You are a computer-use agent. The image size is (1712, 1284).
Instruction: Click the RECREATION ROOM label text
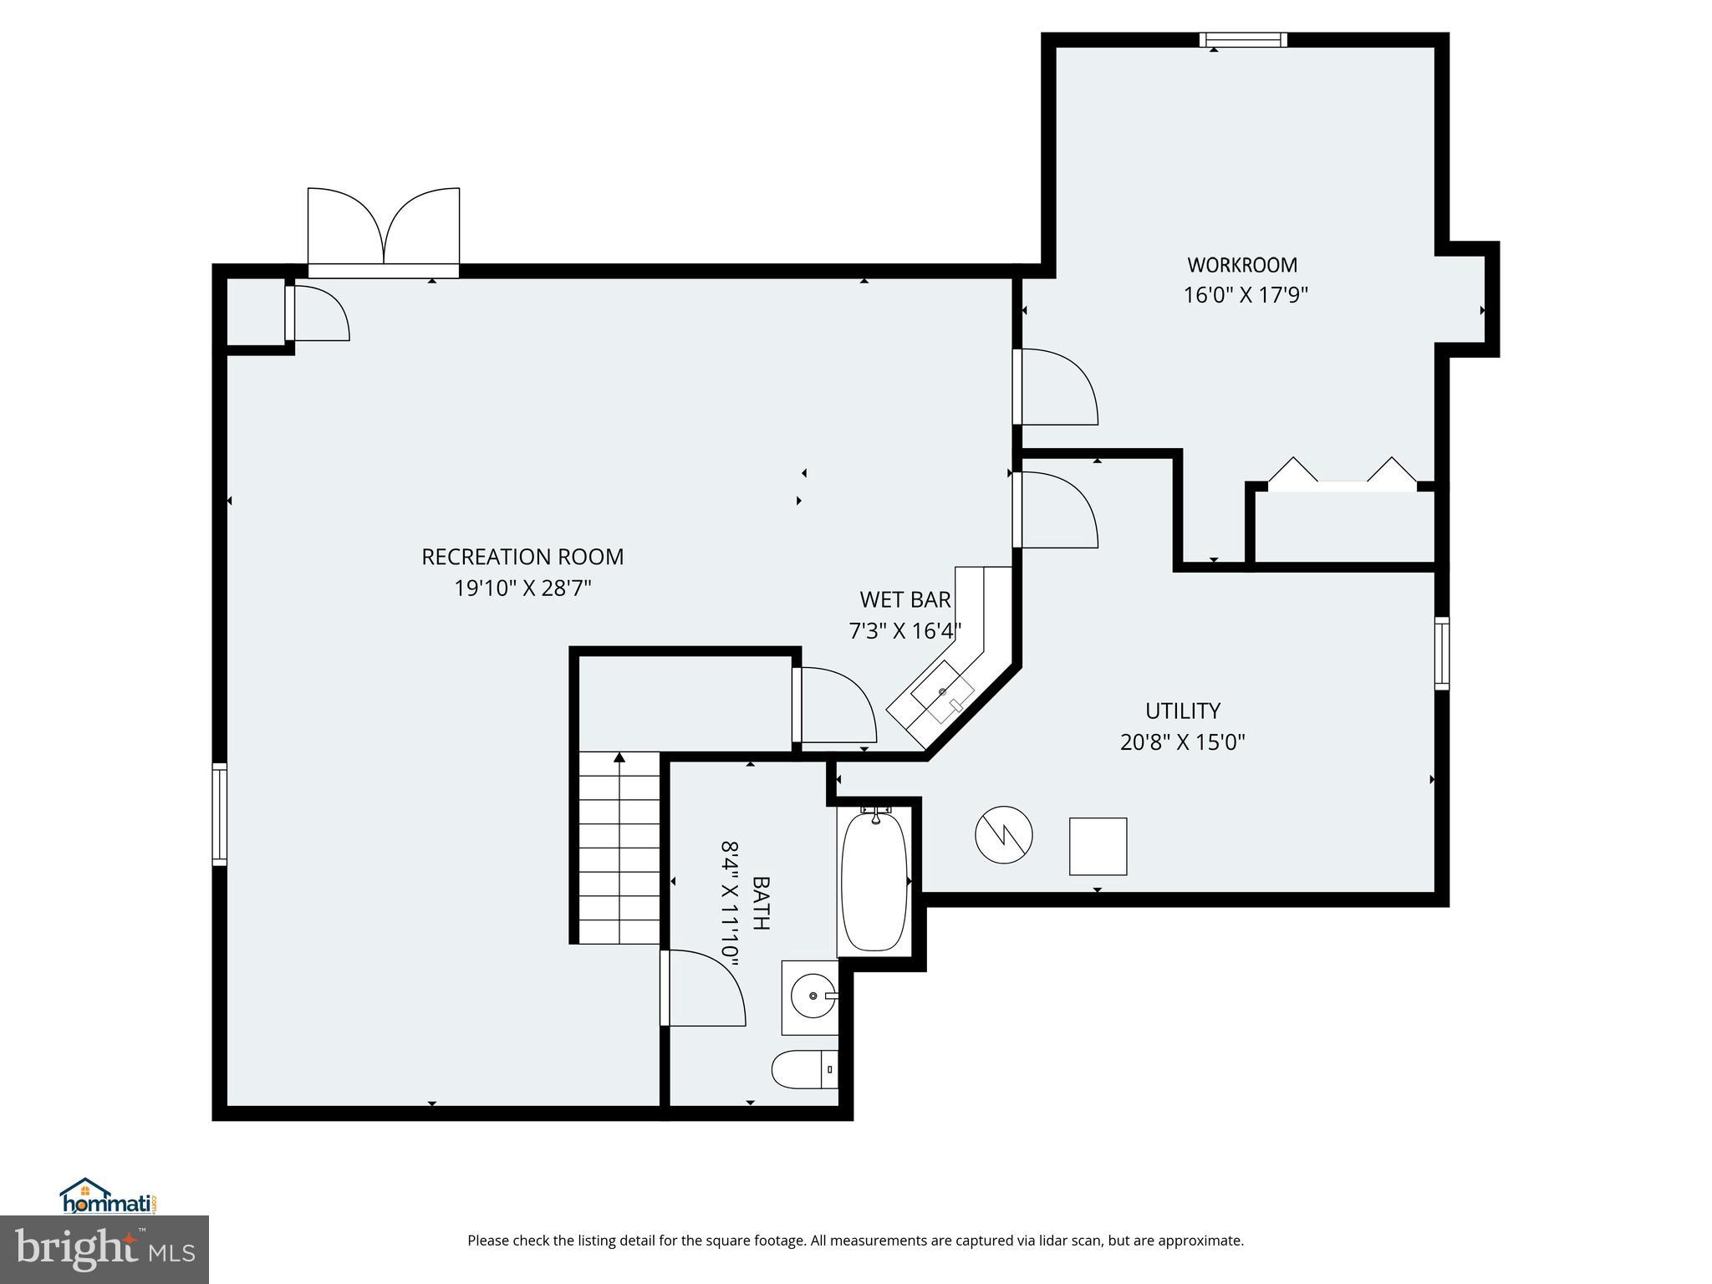(x=522, y=557)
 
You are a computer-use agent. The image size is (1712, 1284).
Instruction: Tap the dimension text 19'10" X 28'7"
(x=522, y=588)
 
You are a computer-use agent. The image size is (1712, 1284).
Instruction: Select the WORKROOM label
(x=1242, y=265)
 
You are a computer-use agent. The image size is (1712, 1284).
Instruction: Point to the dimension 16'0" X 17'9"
(x=1245, y=296)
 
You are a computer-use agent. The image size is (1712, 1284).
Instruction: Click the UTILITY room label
(x=1182, y=711)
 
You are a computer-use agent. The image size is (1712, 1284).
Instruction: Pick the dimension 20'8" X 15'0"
(x=1182, y=742)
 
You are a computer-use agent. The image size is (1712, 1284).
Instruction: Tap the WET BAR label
(x=904, y=599)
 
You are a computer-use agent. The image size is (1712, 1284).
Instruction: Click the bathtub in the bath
(x=874, y=881)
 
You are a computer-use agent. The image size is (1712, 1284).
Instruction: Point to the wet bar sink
(x=942, y=691)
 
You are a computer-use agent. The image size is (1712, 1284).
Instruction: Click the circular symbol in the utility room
(x=1003, y=834)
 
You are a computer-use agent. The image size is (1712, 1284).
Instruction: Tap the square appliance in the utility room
(x=1098, y=846)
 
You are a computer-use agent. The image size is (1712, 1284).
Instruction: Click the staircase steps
(x=619, y=847)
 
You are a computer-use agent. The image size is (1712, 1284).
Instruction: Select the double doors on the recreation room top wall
(x=384, y=230)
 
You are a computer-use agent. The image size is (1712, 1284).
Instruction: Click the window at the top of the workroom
(x=1243, y=39)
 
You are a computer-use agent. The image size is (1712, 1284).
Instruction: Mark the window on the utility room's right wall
(x=1442, y=653)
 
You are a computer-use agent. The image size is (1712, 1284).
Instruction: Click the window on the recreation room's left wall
(x=219, y=813)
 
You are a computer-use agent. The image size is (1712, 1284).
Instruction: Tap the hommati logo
(x=108, y=1196)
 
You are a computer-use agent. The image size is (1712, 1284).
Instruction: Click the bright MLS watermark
(x=104, y=1250)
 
